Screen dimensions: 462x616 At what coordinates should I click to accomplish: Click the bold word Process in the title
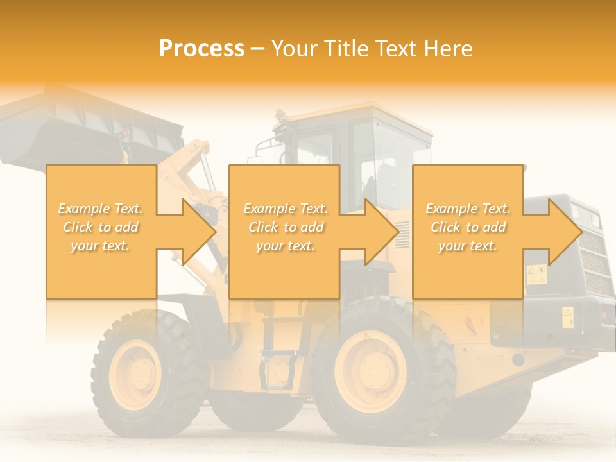(x=201, y=49)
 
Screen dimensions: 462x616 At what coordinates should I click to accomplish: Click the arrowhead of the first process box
(x=200, y=232)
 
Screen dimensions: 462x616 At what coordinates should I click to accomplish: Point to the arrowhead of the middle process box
(x=382, y=232)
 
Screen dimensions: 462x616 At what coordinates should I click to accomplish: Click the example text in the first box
(x=101, y=227)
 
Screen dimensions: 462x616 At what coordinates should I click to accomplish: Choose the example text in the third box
(x=468, y=227)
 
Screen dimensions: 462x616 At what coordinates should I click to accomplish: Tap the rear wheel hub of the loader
(x=371, y=372)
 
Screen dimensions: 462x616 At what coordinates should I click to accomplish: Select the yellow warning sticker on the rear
(x=536, y=274)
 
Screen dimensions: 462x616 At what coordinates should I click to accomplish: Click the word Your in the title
(x=296, y=49)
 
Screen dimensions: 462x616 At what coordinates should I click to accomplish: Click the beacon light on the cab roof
(x=280, y=116)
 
